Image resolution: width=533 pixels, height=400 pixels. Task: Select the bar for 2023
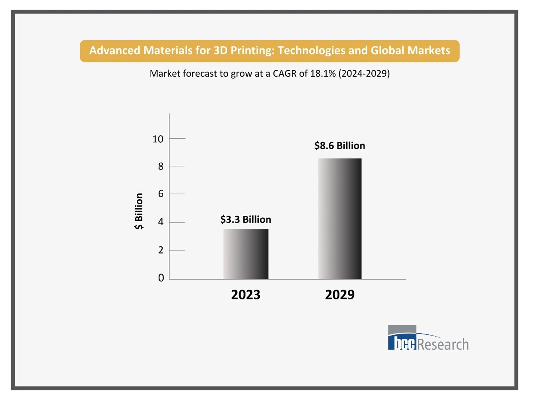tap(246, 254)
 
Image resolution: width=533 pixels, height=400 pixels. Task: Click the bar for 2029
tap(340, 218)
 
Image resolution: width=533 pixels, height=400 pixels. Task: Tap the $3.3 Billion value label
tap(246, 219)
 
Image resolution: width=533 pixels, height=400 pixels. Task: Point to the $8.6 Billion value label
tap(340, 145)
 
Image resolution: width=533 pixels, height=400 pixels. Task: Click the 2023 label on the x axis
tap(246, 295)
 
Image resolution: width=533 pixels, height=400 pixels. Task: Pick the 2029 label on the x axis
tap(340, 295)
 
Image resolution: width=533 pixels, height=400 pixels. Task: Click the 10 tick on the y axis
tap(158, 139)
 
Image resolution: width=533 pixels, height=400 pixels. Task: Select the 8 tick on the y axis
tap(161, 166)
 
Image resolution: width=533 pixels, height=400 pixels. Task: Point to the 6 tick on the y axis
tap(161, 194)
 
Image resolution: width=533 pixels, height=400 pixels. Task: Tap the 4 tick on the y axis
tap(161, 222)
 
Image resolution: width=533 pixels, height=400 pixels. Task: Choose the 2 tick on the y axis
tap(161, 250)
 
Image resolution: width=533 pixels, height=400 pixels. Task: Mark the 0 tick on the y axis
tap(161, 278)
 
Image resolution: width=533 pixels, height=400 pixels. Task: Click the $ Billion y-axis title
tap(139, 211)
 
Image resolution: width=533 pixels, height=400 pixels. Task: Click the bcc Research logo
tap(428, 338)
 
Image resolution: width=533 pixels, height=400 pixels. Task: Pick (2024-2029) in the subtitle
tap(364, 73)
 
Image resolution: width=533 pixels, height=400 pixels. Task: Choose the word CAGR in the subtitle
tap(285, 73)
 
